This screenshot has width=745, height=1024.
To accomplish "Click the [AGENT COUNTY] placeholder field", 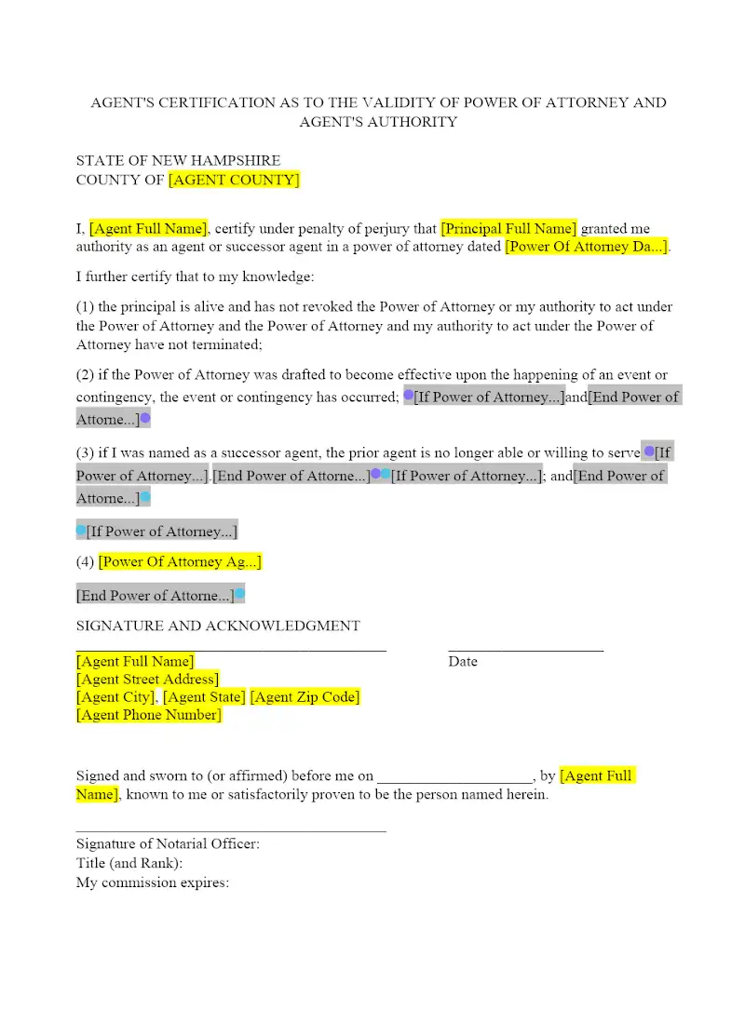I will pos(234,180).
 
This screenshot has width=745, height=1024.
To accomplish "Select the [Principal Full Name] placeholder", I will pos(508,228).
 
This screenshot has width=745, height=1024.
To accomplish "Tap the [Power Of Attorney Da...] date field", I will pos(586,247).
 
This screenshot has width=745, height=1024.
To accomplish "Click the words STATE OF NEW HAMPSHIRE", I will pos(178,160).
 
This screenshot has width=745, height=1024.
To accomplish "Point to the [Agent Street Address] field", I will pos(147,679).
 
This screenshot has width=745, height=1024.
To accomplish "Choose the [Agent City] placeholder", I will pos(116,696).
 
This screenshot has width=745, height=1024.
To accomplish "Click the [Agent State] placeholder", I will pos(205,696).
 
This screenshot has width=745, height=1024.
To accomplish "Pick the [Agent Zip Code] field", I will pos(305,696).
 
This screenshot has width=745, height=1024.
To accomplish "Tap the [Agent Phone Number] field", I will pos(149,715).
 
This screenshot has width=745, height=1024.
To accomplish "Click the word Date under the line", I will pos(463,662).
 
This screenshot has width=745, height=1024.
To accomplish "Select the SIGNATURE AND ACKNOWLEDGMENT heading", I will pos(218,626).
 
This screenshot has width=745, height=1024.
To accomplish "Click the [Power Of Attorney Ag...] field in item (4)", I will pos(180,561).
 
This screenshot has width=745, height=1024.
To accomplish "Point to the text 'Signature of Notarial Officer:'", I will pos(168,843).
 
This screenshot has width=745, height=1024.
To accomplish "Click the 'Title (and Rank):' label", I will pos(129,863).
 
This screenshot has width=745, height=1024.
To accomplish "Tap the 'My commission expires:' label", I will pos(153,883).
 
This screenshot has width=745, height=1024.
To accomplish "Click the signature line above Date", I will pos(525,649).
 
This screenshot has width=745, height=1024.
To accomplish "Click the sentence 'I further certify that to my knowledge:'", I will pos(196,276).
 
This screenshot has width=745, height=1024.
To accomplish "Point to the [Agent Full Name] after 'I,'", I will pos(148,228).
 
